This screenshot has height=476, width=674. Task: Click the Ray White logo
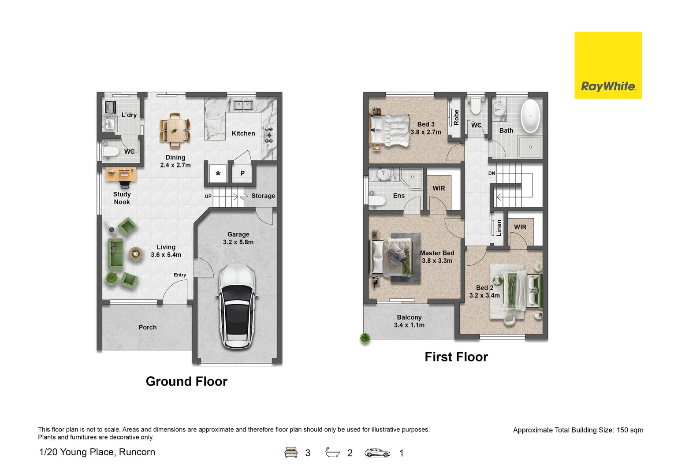click(608, 65)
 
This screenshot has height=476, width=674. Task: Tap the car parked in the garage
click(237, 306)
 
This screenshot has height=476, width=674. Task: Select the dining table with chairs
click(175, 130)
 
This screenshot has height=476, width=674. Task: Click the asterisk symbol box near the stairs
click(218, 174)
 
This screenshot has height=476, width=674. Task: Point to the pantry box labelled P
click(242, 173)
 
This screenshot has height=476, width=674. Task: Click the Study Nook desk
click(120, 174)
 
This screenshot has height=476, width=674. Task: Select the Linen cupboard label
click(499, 228)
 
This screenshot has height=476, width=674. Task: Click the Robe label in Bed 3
click(456, 117)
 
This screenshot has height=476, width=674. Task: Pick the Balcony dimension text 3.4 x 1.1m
click(409, 325)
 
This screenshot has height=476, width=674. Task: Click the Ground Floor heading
click(186, 381)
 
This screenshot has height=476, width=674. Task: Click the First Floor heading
click(456, 357)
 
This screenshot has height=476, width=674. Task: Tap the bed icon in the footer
click(291, 453)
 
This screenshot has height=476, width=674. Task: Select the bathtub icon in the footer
click(333, 452)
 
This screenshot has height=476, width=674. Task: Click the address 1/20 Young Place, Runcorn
click(97, 452)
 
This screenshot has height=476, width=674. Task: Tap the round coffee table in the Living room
click(136, 253)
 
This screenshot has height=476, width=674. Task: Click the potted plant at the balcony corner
click(365, 338)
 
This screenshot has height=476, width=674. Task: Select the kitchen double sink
click(242, 105)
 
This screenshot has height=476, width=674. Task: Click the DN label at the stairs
click(492, 173)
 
